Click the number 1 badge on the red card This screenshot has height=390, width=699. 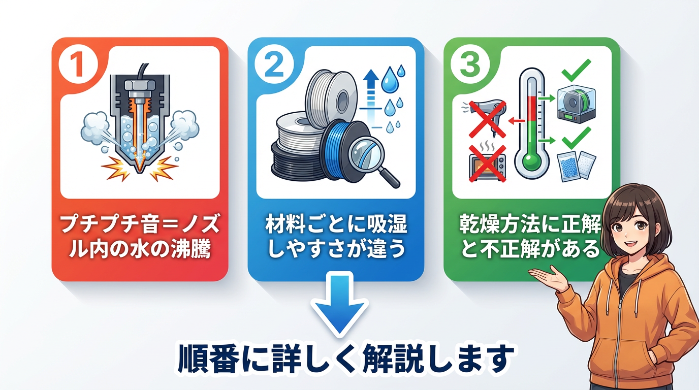point(78,64)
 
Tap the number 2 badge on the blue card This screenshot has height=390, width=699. point(274,64)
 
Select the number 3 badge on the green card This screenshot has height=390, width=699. point(470,64)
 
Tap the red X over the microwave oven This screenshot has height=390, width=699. point(487,164)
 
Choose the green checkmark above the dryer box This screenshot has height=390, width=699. point(576,71)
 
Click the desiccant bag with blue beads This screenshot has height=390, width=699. point(568,167)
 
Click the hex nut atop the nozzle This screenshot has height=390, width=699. point(140,85)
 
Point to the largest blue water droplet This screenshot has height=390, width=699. point(390,80)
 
